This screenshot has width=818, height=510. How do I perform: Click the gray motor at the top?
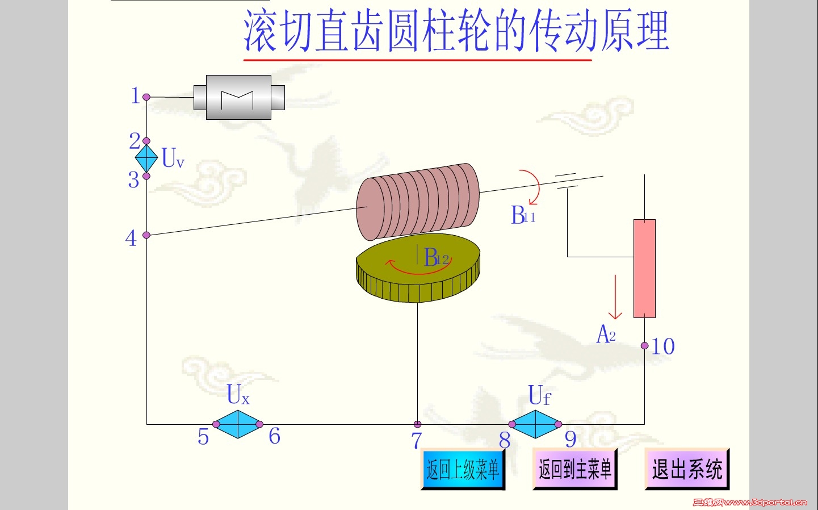point(238,98)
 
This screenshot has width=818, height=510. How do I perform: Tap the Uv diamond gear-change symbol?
point(146,158)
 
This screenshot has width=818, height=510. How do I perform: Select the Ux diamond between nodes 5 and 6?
point(238,424)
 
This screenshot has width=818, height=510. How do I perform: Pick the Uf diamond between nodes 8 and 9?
point(535,424)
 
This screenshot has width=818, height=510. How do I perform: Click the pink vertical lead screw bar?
point(644,268)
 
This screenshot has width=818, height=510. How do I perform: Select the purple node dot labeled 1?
point(146,97)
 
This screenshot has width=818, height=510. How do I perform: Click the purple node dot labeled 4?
point(146,235)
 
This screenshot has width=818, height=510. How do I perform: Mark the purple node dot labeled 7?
point(417,424)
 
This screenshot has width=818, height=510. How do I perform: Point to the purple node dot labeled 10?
point(644,345)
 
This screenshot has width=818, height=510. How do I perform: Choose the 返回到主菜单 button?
point(574,469)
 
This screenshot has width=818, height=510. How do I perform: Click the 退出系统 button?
point(687,469)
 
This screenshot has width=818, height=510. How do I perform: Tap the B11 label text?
point(523,216)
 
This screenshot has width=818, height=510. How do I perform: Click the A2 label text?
point(606,335)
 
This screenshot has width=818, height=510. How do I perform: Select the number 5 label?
point(203,437)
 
